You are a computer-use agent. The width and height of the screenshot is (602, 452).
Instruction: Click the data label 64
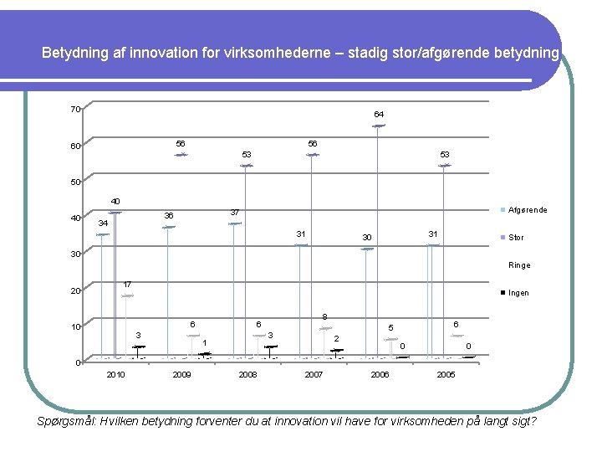379,114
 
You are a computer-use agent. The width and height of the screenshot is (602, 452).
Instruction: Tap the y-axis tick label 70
75,110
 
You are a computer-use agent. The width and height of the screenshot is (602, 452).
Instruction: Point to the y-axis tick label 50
75,182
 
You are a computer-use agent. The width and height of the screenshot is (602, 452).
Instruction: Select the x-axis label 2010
115,375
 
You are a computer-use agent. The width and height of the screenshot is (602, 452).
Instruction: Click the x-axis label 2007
314,375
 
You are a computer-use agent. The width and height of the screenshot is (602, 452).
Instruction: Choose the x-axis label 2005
446,375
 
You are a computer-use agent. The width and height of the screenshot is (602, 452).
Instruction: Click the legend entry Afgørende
528,210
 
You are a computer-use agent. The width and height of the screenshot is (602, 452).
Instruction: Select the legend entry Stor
516,238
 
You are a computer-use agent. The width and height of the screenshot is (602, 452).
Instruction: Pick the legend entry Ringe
518,265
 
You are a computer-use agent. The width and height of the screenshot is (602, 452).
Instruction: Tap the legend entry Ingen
518,293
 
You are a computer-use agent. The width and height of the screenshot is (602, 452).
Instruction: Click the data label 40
115,201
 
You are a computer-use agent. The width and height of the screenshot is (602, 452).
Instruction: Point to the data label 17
127,285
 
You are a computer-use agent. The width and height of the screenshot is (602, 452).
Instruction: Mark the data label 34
103,223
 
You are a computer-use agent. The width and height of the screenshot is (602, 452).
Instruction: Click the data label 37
235,212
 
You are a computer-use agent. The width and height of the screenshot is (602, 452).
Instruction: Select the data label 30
366,239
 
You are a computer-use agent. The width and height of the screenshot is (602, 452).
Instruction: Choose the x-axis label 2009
181,375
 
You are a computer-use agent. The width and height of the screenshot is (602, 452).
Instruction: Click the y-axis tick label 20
75,291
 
